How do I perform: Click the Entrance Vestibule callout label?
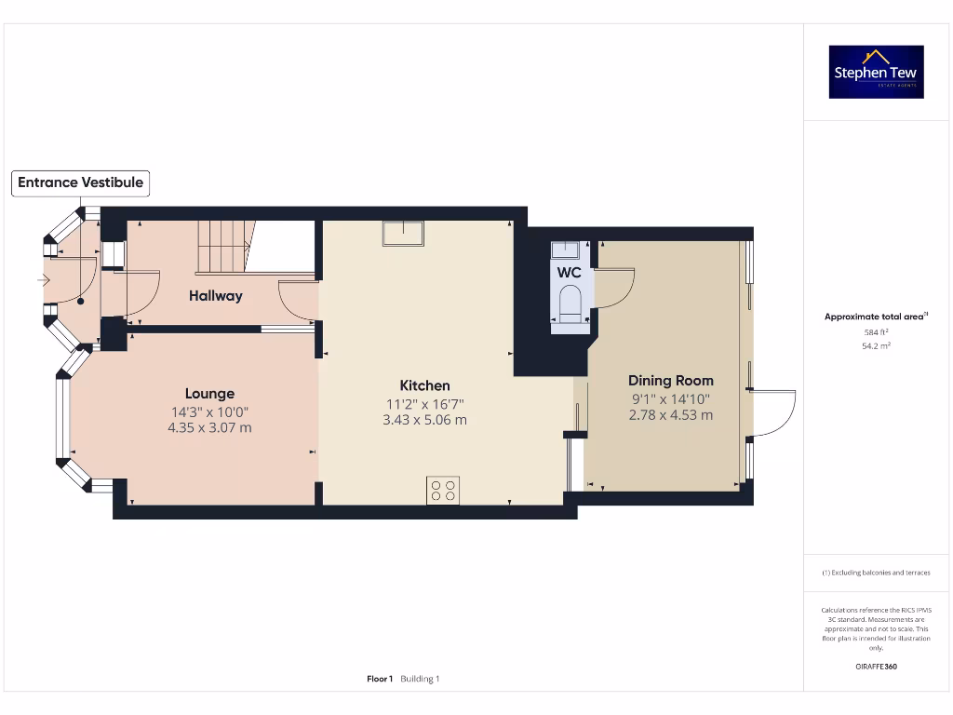81,182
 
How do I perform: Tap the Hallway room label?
216,296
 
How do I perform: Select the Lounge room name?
209,394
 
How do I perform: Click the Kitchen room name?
424,385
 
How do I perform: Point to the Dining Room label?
671,381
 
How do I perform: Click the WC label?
569,273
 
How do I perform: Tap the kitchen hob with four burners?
443,490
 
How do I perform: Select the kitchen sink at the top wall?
403,233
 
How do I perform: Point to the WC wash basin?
565,250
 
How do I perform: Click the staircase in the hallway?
223,247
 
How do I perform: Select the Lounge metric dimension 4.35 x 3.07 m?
209,428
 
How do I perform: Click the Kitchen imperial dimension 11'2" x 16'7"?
424,404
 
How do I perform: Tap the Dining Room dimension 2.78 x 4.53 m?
671,415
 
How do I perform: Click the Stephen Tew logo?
877,73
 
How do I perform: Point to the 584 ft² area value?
877,331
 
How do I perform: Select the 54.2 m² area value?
877,345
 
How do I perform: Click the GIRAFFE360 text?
877,667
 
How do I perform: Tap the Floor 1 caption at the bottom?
380,679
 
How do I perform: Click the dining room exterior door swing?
774,412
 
